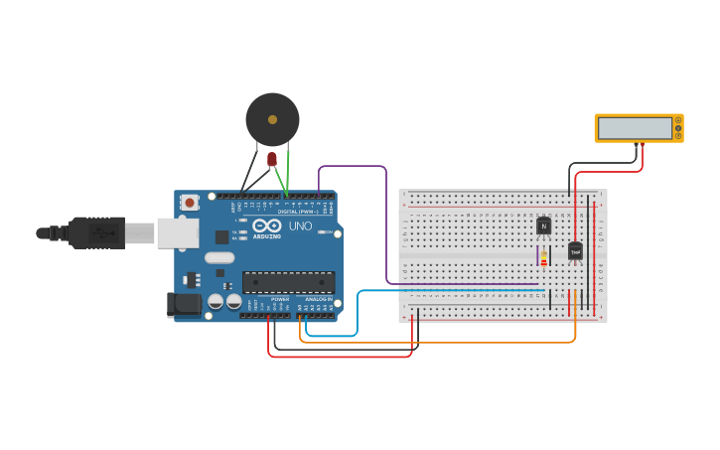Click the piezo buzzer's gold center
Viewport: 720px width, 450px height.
click(x=273, y=119)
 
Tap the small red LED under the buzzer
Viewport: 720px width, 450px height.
click(x=272, y=159)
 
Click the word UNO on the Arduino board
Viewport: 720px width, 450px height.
click(x=300, y=226)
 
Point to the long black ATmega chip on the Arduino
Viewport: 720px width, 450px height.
click(x=288, y=282)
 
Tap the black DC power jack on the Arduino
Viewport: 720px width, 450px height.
click(x=185, y=304)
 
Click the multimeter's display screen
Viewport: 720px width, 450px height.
click(x=635, y=128)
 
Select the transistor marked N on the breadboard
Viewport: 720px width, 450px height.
click(x=543, y=225)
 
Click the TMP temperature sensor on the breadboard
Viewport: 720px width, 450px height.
click(x=575, y=251)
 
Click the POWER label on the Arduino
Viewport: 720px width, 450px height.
click(x=280, y=298)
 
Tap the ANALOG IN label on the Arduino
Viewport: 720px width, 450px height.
click(x=318, y=298)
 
